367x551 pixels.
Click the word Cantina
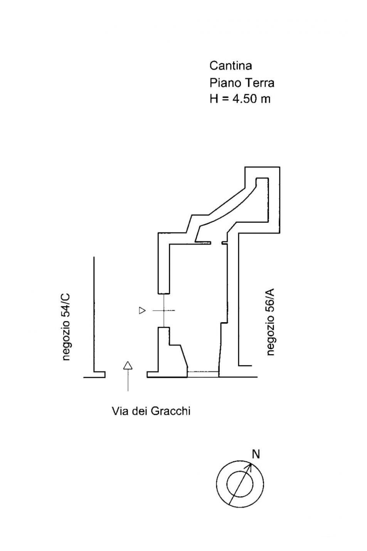tap(231, 66)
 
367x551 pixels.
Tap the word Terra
tap(258, 83)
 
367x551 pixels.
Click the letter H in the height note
tap(213, 99)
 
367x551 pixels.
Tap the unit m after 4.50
tap(266, 100)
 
